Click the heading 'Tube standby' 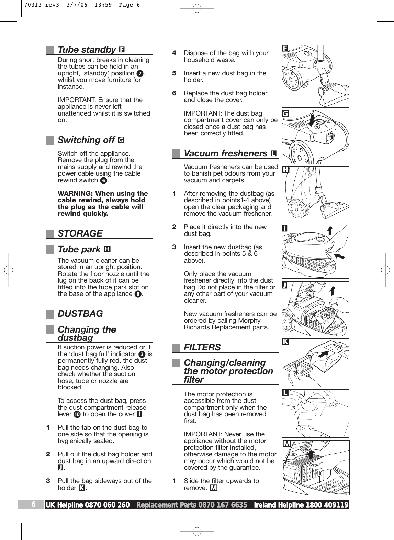87,50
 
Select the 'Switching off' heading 86,140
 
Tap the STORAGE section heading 80,233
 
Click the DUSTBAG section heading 80,314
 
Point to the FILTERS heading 202,347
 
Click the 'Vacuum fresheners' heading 226,153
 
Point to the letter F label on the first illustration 285,49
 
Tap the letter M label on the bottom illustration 287,444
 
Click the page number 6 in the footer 33,504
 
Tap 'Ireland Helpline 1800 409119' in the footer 301,505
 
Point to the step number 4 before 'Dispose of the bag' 174,53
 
